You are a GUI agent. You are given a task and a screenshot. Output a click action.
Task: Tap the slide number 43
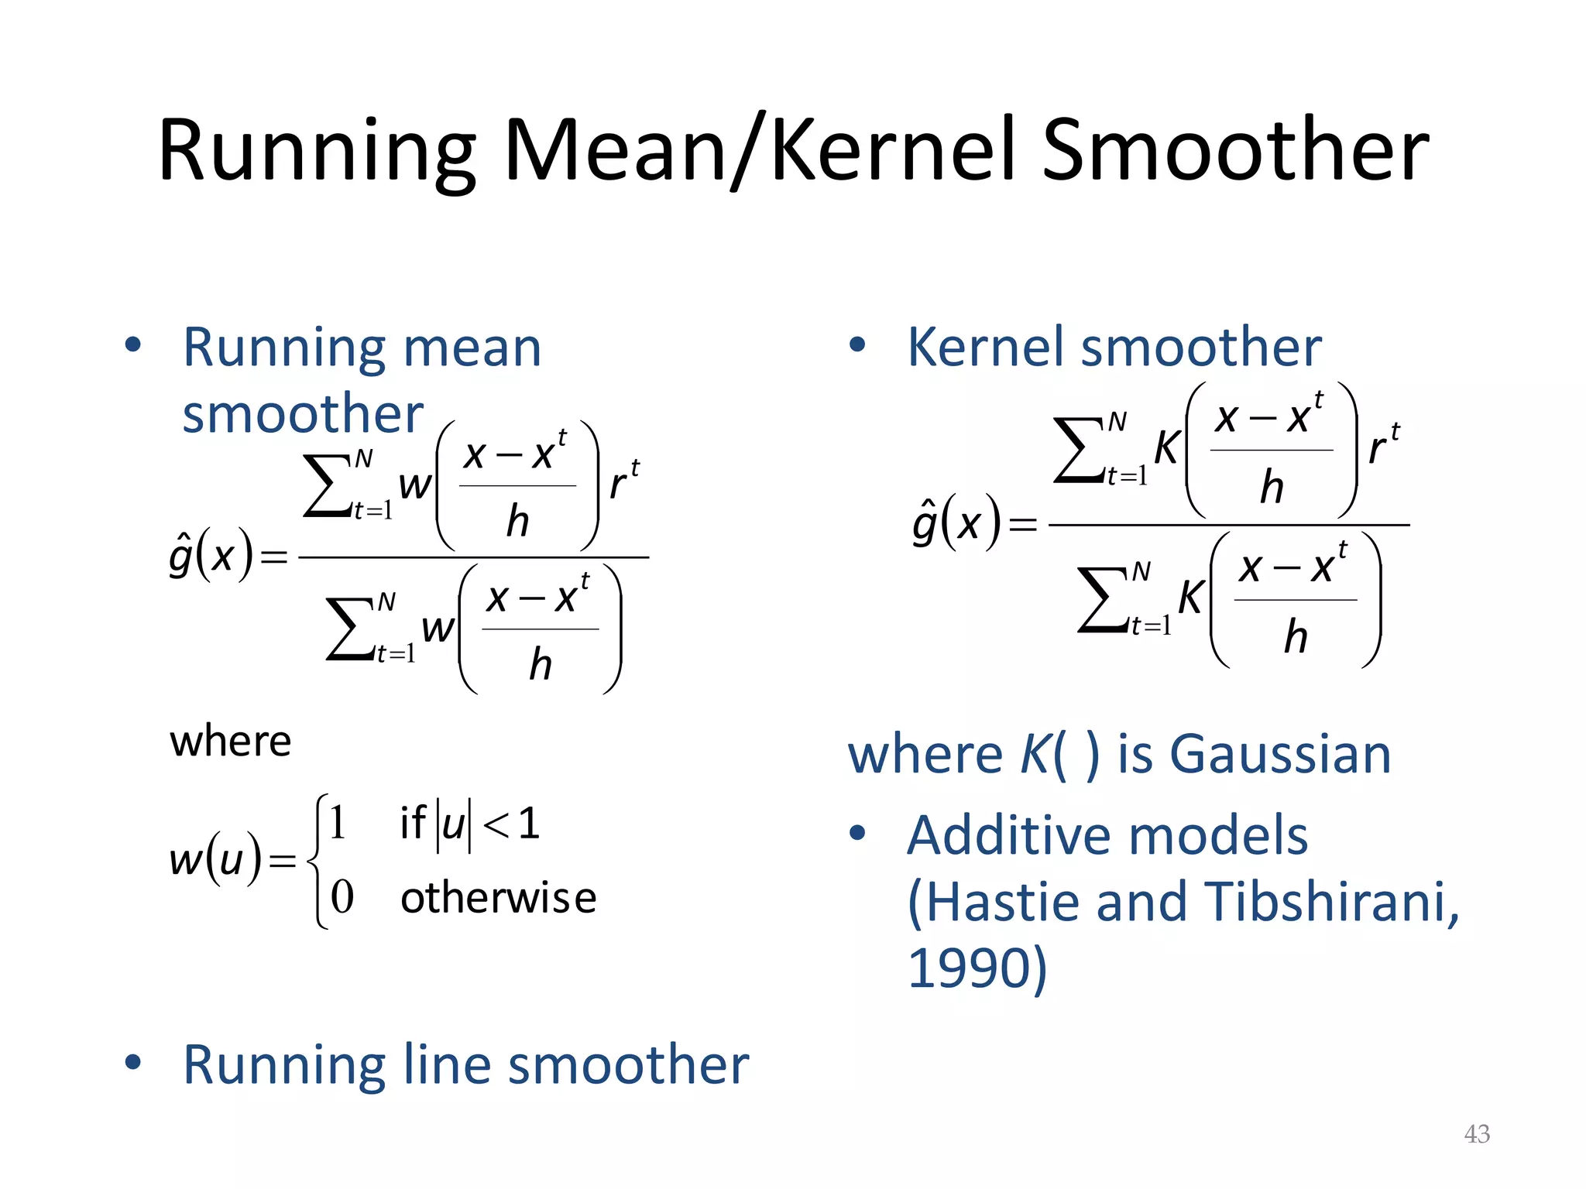(x=1477, y=1134)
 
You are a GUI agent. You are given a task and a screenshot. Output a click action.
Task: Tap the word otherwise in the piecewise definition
(x=498, y=898)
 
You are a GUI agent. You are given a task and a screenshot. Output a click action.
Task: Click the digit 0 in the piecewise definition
(x=342, y=898)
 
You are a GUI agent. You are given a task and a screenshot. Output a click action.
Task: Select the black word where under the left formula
(x=231, y=742)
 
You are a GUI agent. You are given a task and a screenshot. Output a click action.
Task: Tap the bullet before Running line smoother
(x=133, y=1062)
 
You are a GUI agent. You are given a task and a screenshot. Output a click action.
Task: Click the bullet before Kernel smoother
(x=857, y=344)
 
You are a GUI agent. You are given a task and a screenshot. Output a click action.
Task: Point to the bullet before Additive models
(x=857, y=833)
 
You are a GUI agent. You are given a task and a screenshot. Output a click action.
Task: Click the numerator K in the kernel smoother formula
(x=1167, y=447)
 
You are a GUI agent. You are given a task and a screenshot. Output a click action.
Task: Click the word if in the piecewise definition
(x=412, y=822)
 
